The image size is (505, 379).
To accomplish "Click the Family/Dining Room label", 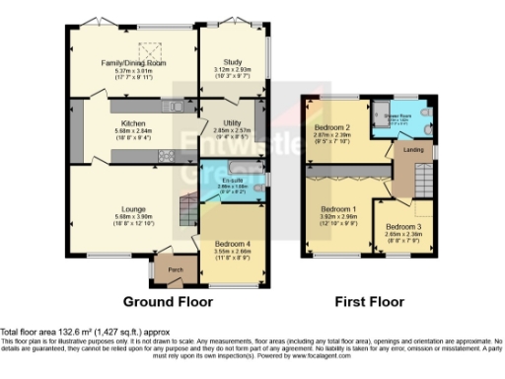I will [133, 63].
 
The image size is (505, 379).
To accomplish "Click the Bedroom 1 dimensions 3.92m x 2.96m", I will [338, 217].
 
